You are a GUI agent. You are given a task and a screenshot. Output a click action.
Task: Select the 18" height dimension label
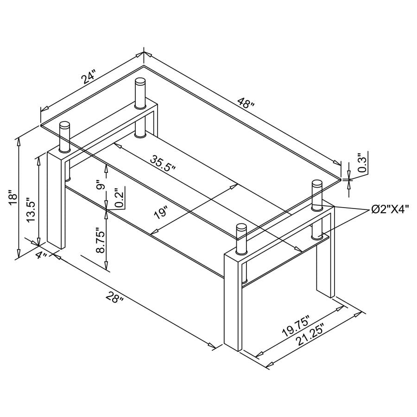click(x=13, y=197)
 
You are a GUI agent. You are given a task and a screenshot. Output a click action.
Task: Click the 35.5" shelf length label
click(x=163, y=162)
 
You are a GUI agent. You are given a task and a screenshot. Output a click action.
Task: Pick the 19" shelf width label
click(x=160, y=214)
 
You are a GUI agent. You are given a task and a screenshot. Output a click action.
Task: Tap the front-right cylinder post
click(x=241, y=239)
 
